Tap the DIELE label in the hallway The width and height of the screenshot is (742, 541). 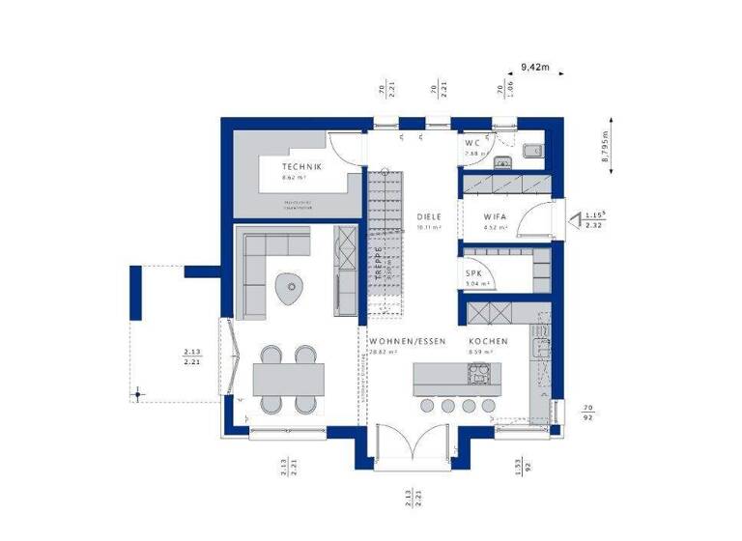click(429, 217)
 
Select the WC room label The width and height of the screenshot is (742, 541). click(472, 143)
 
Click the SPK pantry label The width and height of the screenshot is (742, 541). click(474, 273)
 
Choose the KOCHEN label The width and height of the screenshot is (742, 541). click(488, 343)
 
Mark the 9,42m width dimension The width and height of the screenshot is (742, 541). click(534, 67)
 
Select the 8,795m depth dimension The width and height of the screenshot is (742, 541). click(606, 150)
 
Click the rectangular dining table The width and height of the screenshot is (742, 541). click(288, 377)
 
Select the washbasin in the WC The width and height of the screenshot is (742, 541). click(532, 150)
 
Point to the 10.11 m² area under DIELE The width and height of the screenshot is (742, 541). click(429, 229)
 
